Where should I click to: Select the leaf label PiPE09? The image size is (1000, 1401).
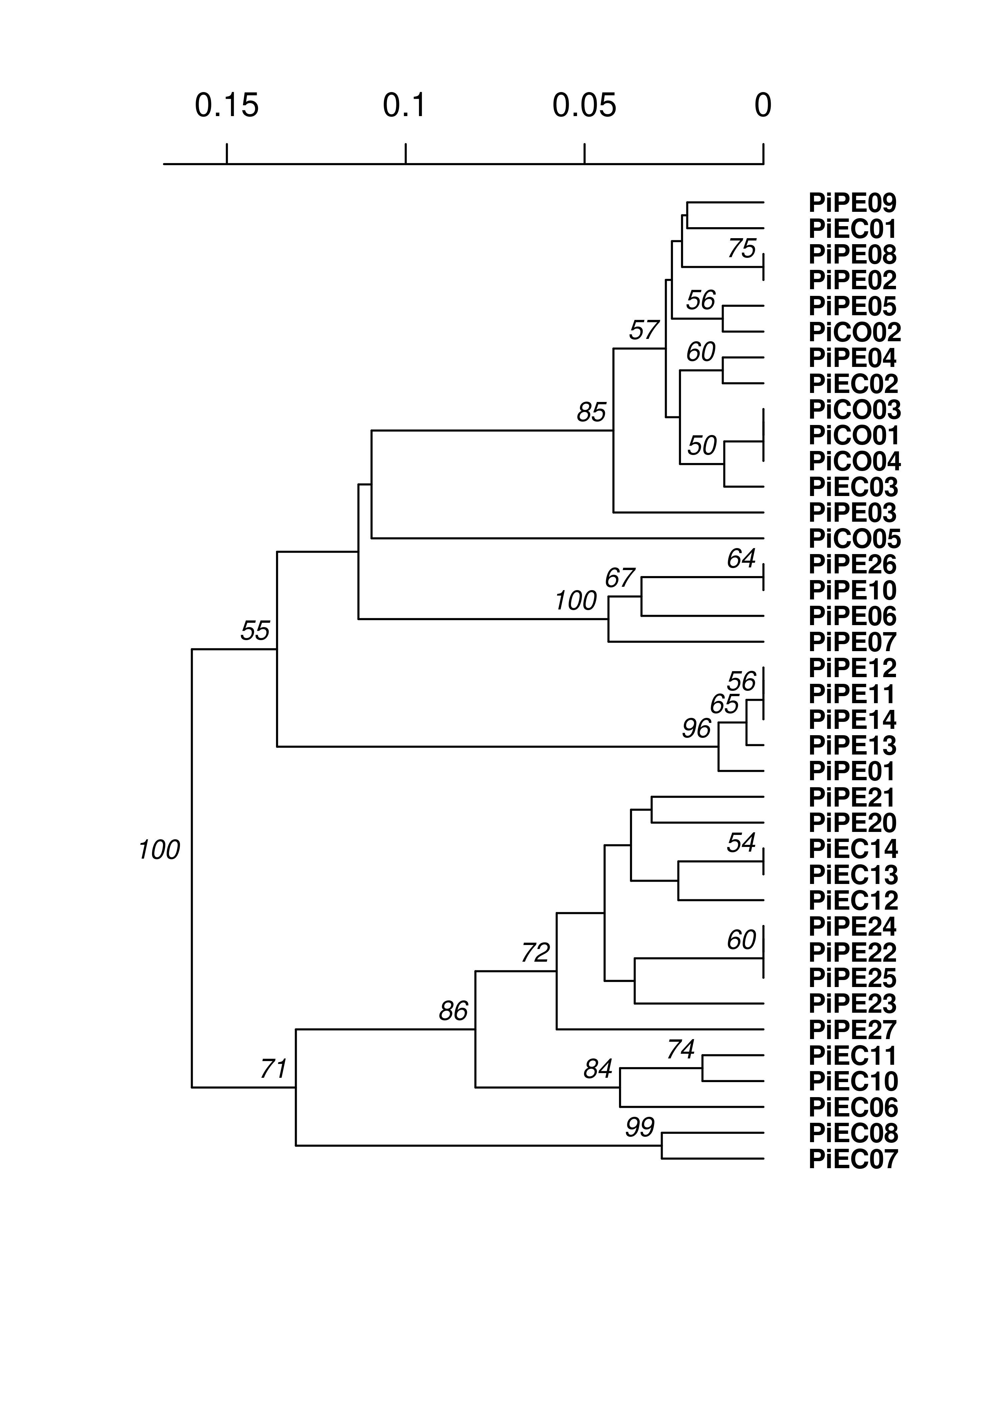852,203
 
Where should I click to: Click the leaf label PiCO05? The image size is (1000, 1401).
854,539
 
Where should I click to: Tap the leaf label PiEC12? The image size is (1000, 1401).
853,901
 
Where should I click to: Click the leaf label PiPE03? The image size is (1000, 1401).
852,513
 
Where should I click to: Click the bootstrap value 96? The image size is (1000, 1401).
696,729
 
